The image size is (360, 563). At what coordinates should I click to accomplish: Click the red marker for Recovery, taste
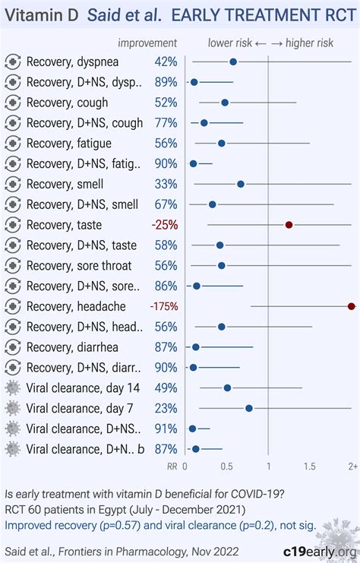(289, 225)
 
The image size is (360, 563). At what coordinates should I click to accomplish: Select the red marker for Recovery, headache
(351, 306)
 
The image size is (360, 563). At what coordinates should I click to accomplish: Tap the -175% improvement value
(163, 306)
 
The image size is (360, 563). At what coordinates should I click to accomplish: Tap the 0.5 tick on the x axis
(226, 466)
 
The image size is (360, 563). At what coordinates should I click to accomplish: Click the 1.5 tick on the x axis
(310, 466)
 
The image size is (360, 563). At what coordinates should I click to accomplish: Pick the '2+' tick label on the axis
(352, 466)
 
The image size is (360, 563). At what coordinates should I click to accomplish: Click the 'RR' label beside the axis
(172, 466)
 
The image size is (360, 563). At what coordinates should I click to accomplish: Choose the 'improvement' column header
(148, 43)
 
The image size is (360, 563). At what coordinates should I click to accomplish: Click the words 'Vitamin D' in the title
(37, 15)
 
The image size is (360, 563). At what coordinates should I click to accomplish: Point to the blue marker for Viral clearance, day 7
(248, 408)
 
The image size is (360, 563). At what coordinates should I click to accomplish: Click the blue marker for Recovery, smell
(241, 184)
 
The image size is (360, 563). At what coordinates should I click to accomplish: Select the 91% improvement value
(166, 429)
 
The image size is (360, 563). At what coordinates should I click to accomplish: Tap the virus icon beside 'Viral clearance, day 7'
(13, 408)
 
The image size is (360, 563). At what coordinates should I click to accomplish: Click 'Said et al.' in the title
(117, 15)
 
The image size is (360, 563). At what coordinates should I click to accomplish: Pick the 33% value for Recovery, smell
(166, 184)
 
